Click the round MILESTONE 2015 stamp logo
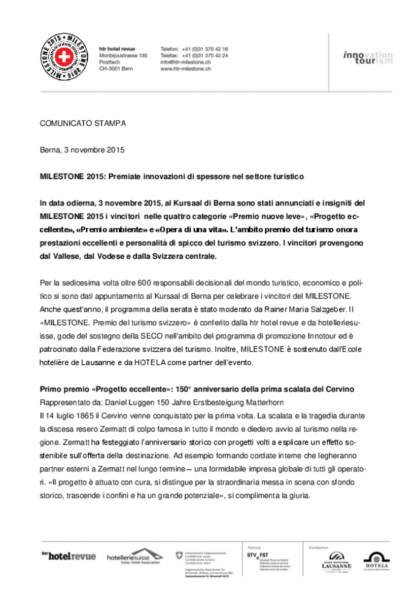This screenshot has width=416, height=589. click(x=63, y=57)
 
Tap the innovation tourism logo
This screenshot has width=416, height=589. click(x=367, y=57)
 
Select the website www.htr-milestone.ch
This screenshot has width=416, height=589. click(x=186, y=68)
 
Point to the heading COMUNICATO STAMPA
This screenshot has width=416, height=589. click(x=83, y=123)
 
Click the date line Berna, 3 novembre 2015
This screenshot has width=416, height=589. click(x=82, y=150)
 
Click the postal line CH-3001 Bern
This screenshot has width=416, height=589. click(x=116, y=68)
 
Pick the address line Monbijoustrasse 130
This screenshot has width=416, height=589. click(x=123, y=55)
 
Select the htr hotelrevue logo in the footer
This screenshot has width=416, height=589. click(x=68, y=556)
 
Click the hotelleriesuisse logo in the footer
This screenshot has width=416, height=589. click(x=135, y=557)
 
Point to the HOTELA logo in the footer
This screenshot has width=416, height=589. click(x=376, y=560)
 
